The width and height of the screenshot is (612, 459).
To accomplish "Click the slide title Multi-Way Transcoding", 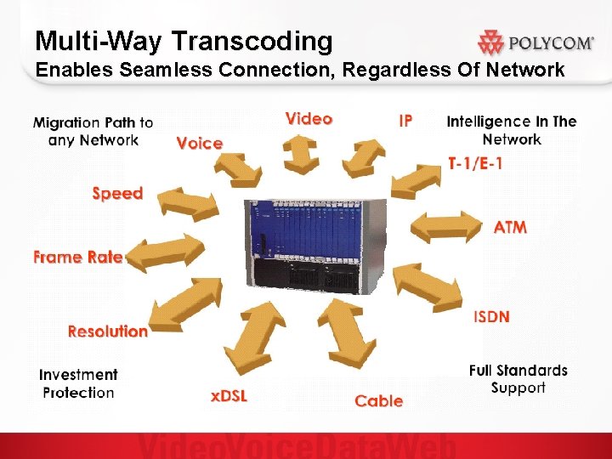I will click(x=184, y=40).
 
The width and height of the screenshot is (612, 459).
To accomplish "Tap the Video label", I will click(x=309, y=118).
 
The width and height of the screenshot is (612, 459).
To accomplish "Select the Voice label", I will click(x=200, y=143).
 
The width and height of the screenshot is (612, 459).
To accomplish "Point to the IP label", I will click(x=405, y=120).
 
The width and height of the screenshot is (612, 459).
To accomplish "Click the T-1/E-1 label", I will click(x=474, y=162).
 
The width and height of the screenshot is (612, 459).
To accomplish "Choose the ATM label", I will click(x=510, y=227).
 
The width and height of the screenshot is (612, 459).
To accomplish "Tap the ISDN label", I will click(x=491, y=316).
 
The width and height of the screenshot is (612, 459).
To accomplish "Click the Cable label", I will click(x=379, y=400).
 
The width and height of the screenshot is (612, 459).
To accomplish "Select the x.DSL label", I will click(x=229, y=395).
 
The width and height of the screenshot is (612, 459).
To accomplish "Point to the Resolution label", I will click(x=108, y=331).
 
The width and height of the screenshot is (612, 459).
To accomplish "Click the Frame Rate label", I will click(x=78, y=257).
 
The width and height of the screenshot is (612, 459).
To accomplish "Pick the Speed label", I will click(x=117, y=193).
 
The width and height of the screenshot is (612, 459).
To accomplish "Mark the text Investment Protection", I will click(x=78, y=383).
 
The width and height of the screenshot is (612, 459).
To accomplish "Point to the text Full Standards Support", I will click(x=518, y=379).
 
